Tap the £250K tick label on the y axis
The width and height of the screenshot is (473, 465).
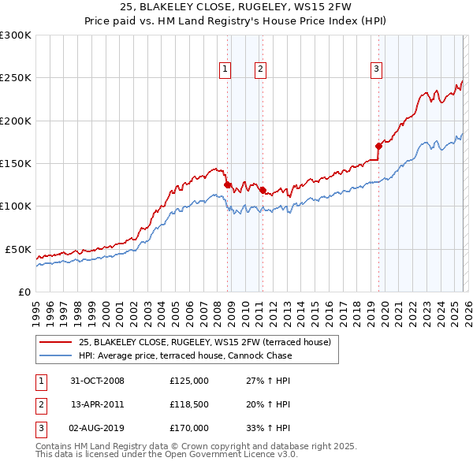tap(16, 78)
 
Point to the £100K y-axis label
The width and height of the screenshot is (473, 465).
tap(16, 206)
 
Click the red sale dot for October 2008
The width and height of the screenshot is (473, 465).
tap(228, 184)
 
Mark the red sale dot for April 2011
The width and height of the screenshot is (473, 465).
tap(262, 190)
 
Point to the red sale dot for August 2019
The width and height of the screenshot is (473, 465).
tap(378, 146)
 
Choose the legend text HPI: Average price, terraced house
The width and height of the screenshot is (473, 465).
tap(185, 355)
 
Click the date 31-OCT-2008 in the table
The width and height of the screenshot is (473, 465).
tap(97, 381)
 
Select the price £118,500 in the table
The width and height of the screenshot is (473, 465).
tap(189, 404)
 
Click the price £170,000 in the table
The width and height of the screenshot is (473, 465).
tap(189, 428)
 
